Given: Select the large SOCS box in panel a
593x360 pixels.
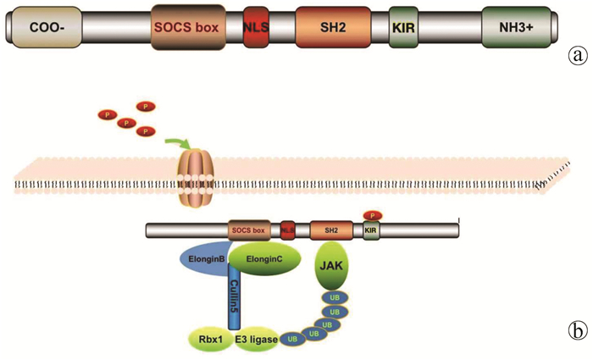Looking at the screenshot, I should (186, 27).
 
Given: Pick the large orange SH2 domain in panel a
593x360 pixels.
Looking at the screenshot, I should (333, 27).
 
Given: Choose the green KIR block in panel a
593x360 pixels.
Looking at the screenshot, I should (402, 27).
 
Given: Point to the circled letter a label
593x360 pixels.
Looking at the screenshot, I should (579, 57).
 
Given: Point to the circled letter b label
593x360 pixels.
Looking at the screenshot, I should (579, 328).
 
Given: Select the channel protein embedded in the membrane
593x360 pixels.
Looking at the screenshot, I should (193, 174).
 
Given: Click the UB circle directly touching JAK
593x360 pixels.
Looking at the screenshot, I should (334, 297).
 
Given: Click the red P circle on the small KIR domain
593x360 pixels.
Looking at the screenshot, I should (371, 214).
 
